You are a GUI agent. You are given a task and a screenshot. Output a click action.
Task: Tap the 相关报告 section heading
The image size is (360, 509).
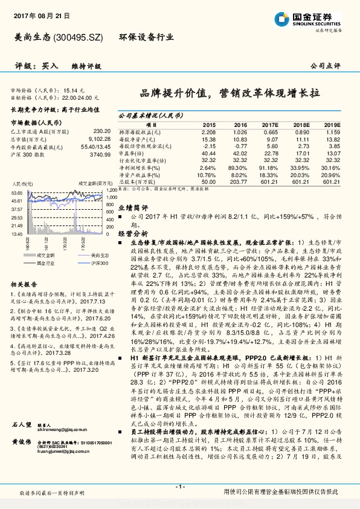(x=25, y=284)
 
